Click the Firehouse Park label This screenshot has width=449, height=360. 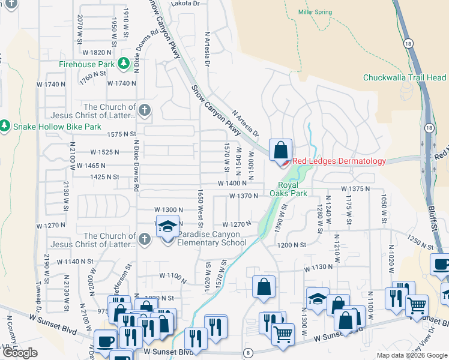(86, 63)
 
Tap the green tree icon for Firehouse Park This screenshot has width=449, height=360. (123, 63)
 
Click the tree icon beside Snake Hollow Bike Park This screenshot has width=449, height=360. (5, 126)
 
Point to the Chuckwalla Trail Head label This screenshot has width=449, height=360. (405, 77)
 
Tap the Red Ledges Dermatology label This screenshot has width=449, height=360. (339, 161)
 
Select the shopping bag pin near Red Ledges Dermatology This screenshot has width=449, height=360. (280, 150)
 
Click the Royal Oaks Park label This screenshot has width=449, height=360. (292, 189)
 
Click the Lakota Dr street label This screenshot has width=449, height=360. (185, 4)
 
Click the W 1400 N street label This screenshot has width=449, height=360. (232, 183)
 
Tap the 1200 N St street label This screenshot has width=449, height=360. (292, 245)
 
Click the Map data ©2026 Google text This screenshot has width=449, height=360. (411, 355)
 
